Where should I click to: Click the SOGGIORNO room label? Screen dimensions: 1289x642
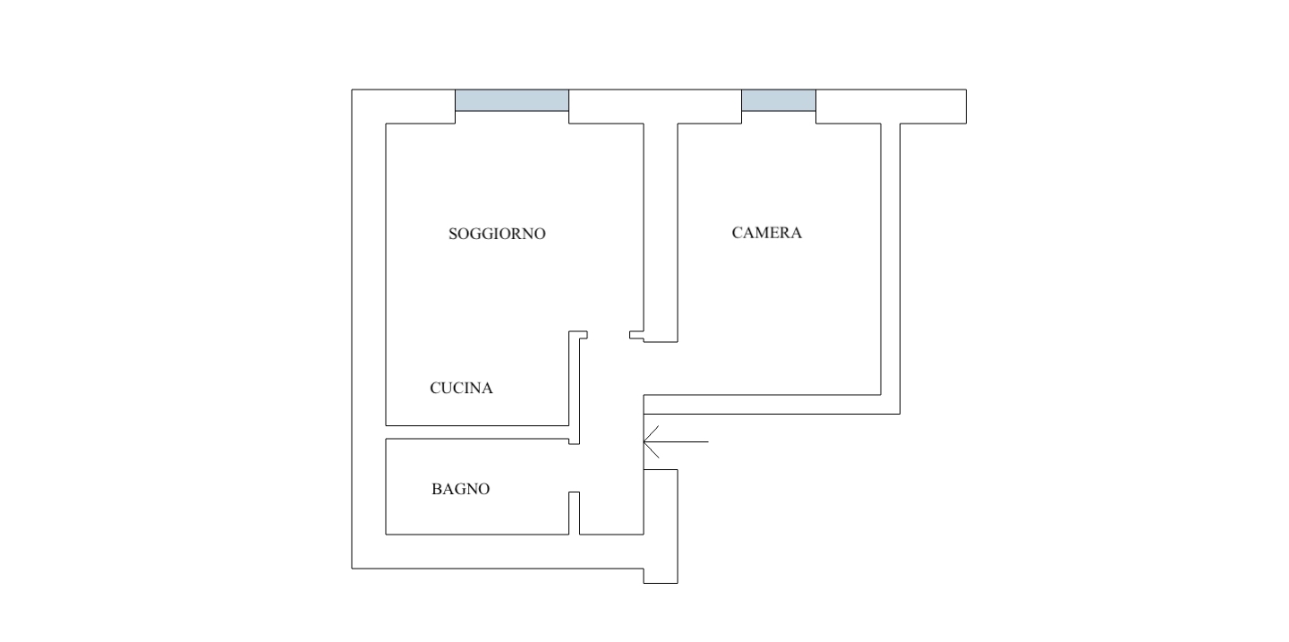pos(497,234)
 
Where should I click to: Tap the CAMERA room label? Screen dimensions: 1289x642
pos(766,233)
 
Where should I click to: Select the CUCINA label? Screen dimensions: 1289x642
pos(462,388)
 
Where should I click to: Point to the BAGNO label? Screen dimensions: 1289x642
pos(460,489)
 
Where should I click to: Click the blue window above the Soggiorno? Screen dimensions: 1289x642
pos(512,100)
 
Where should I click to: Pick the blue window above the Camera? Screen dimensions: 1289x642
pos(779,100)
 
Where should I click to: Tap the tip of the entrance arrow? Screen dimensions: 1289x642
pos(644,441)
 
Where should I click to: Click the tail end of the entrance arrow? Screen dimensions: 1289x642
pos(708,441)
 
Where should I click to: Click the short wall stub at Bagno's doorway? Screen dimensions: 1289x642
pos(575,513)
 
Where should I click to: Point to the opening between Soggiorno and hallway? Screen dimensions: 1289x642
pos(609,335)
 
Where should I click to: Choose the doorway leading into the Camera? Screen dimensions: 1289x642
pos(661,369)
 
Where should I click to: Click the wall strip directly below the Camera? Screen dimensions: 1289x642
pos(772,404)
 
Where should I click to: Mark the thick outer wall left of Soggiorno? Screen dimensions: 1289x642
pos(369,329)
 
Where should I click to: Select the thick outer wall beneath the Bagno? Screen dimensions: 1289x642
pos(498,552)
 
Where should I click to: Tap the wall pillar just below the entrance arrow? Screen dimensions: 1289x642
pos(661,526)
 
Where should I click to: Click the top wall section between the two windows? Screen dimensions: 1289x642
pos(655,106)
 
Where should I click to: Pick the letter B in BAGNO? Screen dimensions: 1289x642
pos(436,489)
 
